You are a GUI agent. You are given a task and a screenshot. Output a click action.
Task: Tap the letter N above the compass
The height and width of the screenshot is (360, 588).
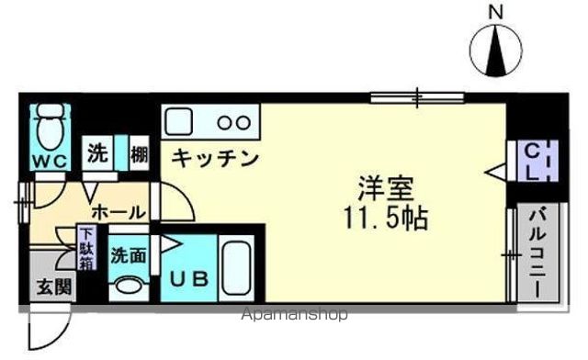tap(496, 12)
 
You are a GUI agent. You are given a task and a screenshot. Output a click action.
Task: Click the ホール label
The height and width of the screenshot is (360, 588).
tap(118, 211)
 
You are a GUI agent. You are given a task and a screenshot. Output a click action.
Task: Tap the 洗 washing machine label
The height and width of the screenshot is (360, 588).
tap(97, 153)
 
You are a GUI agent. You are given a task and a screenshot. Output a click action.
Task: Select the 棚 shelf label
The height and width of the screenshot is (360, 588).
tap(138, 154)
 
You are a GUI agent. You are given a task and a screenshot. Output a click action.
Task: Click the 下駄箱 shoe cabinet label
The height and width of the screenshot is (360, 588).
tap(85, 249)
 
